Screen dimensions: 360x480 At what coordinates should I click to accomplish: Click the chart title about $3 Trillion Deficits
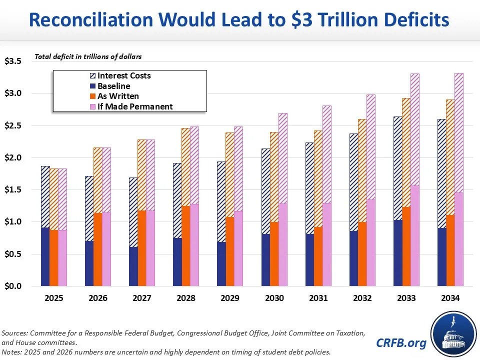click(239, 19)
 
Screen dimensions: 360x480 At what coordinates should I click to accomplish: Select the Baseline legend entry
click(114, 86)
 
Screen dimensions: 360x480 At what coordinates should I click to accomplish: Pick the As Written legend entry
click(118, 96)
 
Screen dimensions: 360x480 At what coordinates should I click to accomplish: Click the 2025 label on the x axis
click(54, 298)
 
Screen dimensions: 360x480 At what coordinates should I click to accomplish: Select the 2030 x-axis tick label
click(274, 298)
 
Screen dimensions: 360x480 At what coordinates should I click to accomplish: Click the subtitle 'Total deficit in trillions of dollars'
click(88, 57)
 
